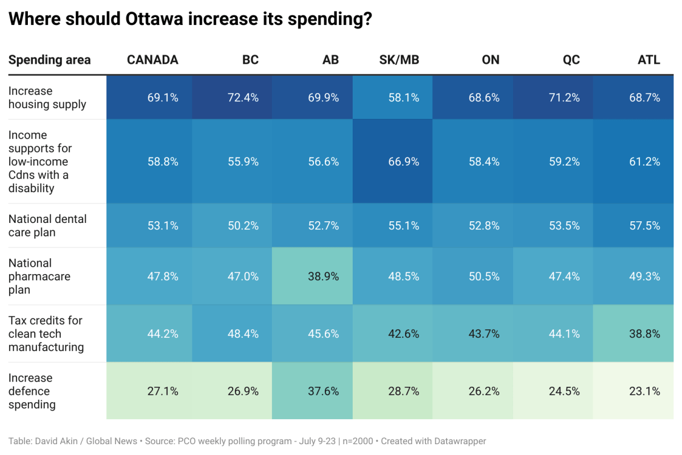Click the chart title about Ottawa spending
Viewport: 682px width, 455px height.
click(191, 19)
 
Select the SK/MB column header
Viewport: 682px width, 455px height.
click(399, 60)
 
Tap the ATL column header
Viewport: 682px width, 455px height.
click(648, 60)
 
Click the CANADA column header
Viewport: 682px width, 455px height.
click(152, 60)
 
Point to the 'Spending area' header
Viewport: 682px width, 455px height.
click(49, 60)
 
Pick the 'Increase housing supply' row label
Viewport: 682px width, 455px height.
click(47, 98)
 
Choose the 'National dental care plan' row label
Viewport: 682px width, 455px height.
click(47, 225)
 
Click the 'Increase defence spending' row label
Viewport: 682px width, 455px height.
click(32, 391)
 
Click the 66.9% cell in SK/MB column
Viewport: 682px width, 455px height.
click(403, 162)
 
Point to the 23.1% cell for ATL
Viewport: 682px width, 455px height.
click(644, 391)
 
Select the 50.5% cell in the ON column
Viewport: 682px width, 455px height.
click(483, 276)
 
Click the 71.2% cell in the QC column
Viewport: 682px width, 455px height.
click(564, 98)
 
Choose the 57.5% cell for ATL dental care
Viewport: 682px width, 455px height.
click(644, 225)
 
